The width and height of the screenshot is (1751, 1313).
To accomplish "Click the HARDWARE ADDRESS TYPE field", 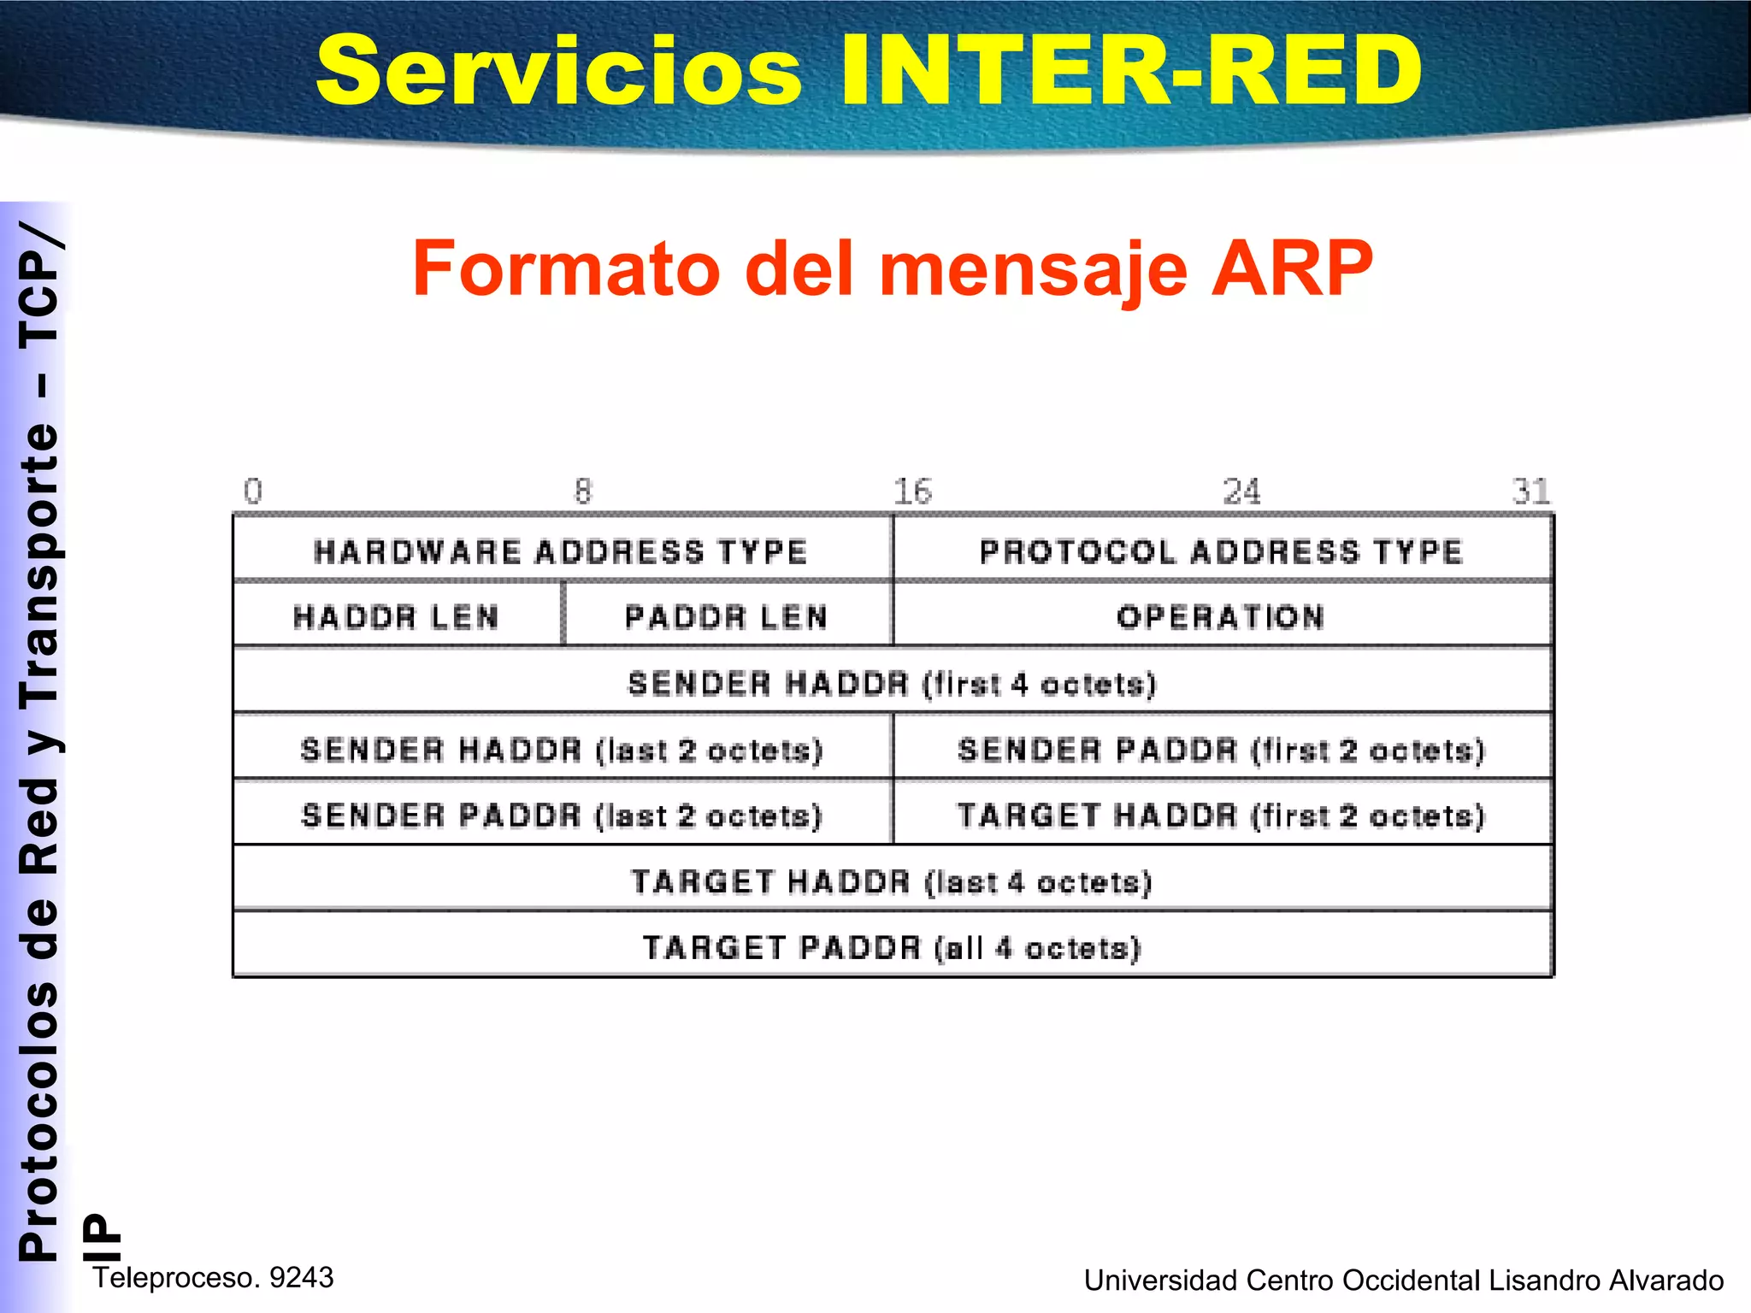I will tap(561, 551).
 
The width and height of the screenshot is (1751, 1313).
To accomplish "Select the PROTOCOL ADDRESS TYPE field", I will tap(1222, 551).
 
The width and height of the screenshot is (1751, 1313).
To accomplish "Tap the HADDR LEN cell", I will tap(396, 616).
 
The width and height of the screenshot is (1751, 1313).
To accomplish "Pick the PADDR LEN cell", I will tap(727, 616).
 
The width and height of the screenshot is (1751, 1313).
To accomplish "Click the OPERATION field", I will tap(1222, 616).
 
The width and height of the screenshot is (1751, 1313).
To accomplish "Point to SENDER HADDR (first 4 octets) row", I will tap(892, 683).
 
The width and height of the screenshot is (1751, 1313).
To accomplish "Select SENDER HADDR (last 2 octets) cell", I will tap(562, 750).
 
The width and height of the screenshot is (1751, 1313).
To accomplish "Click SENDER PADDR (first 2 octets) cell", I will tap(1222, 750).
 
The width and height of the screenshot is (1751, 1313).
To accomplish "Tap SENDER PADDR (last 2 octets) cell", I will tap(562, 815).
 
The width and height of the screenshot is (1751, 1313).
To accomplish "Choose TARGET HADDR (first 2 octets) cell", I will tap(1222, 815).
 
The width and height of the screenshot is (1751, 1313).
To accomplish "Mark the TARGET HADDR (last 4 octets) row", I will tap(892, 881).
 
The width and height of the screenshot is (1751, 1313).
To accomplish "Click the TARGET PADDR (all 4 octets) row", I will tap(892, 947).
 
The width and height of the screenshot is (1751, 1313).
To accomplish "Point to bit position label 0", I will tap(253, 492).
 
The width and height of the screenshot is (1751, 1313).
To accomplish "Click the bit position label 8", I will tap(583, 492).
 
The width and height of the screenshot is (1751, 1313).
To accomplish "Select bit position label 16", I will tap(912, 492).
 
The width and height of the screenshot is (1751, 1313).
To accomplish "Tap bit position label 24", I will tap(1241, 492).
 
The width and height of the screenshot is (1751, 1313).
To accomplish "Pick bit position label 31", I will tap(1530, 492).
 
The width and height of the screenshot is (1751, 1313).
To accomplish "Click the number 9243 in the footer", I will tap(301, 1277).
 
